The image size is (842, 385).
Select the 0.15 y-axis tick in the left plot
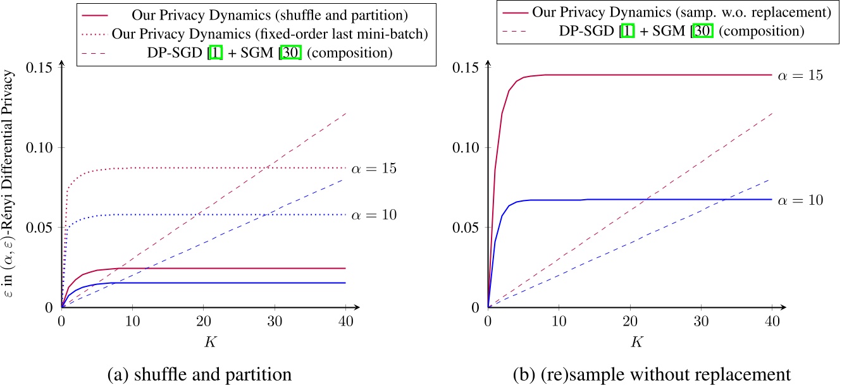(40, 68)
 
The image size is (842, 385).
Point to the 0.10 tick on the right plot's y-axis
(467, 147)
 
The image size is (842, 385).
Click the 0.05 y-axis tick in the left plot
(40, 227)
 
